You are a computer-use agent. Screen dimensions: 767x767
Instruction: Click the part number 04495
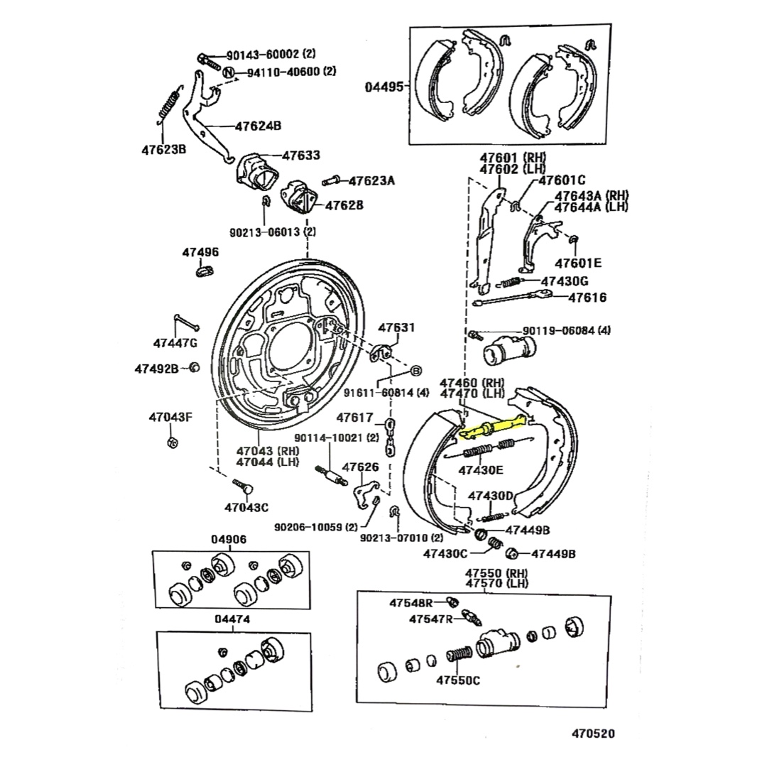384,87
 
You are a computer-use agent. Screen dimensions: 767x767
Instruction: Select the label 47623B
163,149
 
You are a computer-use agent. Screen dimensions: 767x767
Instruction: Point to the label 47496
200,252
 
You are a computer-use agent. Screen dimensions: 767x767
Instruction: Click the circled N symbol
229,72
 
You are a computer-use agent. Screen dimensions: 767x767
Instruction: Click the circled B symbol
416,371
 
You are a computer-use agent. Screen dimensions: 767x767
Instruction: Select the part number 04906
229,539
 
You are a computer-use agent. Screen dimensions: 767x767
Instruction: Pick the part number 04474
232,619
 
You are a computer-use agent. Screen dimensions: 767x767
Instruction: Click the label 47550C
458,680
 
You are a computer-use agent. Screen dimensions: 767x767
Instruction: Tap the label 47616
587,298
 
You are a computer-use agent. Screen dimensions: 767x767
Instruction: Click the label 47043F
170,417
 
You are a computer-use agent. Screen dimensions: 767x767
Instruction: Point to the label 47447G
175,343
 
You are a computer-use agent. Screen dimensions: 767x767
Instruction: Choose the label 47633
301,155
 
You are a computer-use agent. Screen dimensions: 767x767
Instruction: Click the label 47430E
481,469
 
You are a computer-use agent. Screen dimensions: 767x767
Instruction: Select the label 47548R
410,603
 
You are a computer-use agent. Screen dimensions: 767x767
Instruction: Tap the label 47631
396,327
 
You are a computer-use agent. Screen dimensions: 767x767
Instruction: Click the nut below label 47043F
171,443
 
